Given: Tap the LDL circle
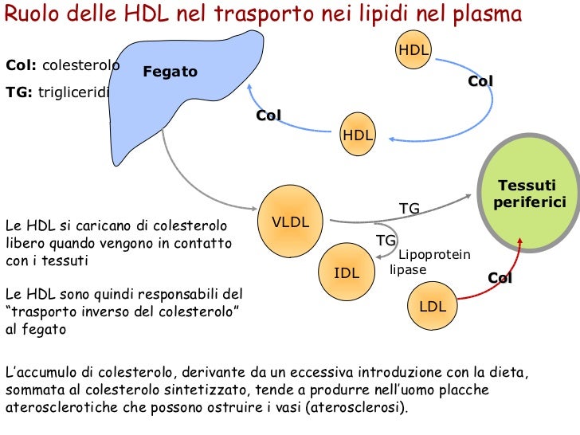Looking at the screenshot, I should (x=433, y=305).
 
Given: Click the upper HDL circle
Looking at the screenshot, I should (x=413, y=50).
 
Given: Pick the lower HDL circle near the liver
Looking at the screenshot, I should (x=358, y=135).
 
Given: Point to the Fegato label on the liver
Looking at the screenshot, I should (x=170, y=72).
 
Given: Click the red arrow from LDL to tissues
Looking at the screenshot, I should (x=504, y=271).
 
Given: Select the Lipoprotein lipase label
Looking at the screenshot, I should (x=430, y=262).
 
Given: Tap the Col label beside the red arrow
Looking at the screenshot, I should (x=500, y=278).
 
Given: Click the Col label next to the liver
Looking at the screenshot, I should (x=268, y=116).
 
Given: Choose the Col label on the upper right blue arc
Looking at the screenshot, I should (x=480, y=81).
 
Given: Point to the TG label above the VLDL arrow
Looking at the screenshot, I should (x=409, y=209).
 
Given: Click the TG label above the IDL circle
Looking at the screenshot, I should (x=386, y=240).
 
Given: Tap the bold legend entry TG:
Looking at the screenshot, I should (x=20, y=92).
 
